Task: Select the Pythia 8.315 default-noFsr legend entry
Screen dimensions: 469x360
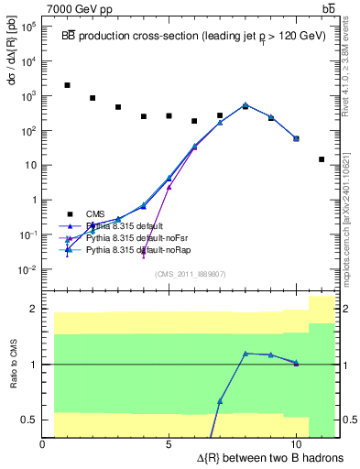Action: pos(132,237)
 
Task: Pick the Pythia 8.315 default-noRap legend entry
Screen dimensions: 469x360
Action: pos(133,249)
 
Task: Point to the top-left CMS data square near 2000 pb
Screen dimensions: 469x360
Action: pos(68,85)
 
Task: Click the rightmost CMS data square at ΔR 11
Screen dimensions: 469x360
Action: pos(321,158)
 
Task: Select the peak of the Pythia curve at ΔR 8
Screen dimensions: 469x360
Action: pos(245,104)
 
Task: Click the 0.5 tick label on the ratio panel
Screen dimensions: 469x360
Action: pos(29,420)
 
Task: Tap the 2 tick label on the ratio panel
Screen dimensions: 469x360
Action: pos(34,309)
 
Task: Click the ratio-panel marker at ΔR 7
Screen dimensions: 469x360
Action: pos(220,401)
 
